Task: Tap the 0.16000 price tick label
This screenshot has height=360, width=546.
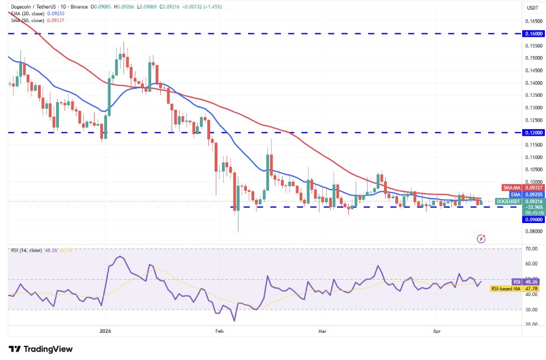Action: (x=533, y=33)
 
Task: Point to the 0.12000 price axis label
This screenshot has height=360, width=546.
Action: (x=533, y=132)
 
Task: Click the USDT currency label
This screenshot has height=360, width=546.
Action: (x=533, y=8)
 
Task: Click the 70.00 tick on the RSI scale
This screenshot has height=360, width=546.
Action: (x=531, y=248)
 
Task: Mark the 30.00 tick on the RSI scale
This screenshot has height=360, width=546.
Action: (x=531, y=310)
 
